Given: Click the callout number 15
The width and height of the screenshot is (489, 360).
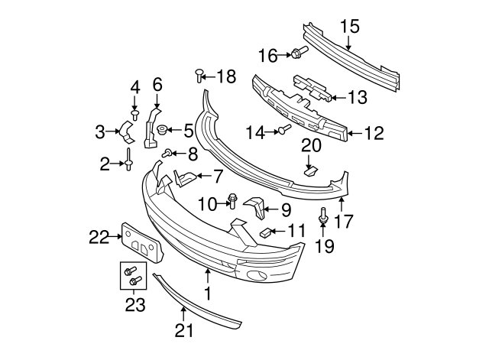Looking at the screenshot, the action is click(x=350, y=27).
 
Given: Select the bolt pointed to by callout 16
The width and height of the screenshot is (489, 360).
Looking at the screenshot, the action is click(x=300, y=52).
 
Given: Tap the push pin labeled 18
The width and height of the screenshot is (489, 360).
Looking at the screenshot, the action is click(x=199, y=76).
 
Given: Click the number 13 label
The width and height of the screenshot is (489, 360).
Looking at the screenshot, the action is click(x=357, y=97).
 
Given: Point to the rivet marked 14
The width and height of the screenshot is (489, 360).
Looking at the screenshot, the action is click(x=284, y=129).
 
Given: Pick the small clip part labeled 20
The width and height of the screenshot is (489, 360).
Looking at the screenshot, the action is click(x=310, y=171).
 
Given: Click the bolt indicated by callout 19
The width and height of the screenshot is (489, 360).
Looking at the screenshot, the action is click(x=323, y=216).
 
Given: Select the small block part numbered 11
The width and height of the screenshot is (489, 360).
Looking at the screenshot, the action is click(x=265, y=232).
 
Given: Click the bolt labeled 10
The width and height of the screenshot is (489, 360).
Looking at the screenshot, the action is click(x=232, y=201).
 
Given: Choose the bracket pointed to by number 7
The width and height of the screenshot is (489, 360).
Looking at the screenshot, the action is click(x=185, y=178).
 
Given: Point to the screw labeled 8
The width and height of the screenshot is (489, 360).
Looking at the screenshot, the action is click(x=167, y=153).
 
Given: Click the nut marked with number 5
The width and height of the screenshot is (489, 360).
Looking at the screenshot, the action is click(x=162, y=129).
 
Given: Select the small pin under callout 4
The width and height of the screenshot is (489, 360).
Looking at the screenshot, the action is click(x=134, y=114).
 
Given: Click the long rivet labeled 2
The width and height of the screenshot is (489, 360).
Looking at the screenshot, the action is click(x=128, y=159).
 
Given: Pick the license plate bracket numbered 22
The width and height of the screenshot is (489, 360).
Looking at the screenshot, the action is click(x=142, y=242).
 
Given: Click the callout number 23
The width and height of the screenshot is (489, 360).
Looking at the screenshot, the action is click(x=135, y=305).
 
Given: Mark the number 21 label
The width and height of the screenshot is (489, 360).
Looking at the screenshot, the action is click(x=184, y=330).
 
